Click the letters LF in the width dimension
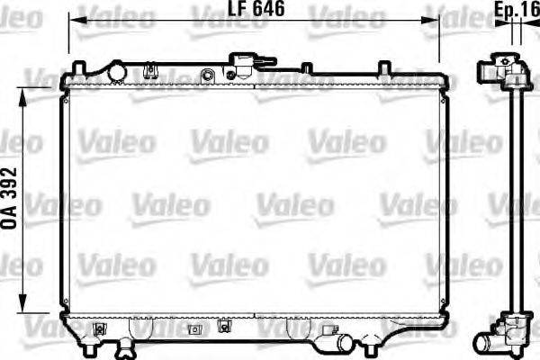coord(235,10)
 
